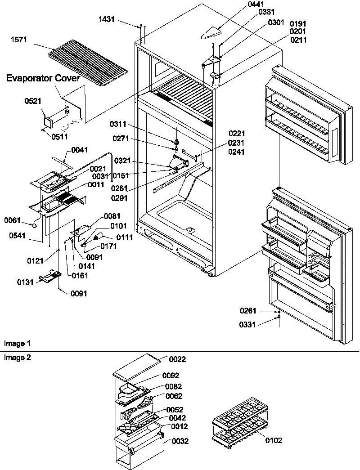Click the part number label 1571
pos(20,40)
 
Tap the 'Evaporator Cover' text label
pos(43,78)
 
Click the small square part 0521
pos(47,120)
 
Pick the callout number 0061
pos(13,220)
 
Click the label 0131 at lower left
pos(25,282)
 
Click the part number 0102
pos(274,440)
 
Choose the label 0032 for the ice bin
pos(180,441)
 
